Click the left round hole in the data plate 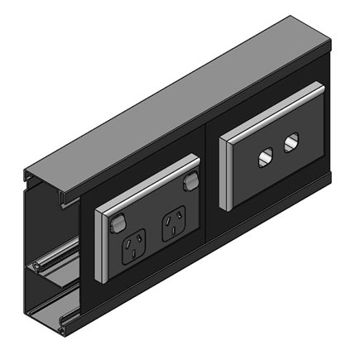[x=266, y=156]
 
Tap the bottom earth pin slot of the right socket [x=176, y=231]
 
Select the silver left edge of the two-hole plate [x=223, y=173]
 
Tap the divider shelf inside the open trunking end [x=50, y=266]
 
